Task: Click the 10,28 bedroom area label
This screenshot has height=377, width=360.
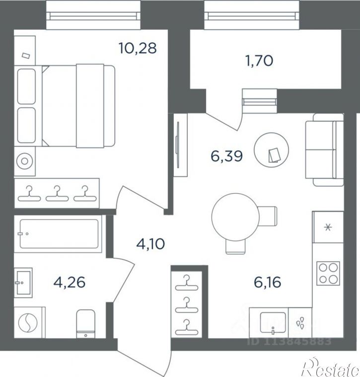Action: (x=138, y=48)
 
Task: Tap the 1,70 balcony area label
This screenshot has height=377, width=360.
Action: (x=259, y=60)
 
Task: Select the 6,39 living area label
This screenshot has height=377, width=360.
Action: (x=226, y=156)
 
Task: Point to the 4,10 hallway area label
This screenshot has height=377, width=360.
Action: (x=150, y=244)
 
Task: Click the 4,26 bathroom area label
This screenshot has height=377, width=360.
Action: (x=70, y=282)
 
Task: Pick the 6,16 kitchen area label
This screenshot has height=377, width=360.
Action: (x=268, y=282)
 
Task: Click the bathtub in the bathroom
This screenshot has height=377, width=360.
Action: (x=59, y=233)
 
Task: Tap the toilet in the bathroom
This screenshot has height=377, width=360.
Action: (x=85, y=324)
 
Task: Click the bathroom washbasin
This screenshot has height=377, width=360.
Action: (x=23, y=283)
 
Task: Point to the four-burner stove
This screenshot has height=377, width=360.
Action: (x=328, y=273)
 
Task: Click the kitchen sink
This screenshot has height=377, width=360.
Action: (x=273, y=323)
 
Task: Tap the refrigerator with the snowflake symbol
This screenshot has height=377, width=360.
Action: (x=328, y=227)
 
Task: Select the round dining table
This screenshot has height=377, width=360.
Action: (x=236, y=217)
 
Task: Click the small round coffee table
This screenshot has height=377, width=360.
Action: (x=271, y=150)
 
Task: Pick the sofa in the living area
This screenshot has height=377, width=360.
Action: (x=324, y=150)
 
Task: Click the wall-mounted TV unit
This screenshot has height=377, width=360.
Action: (x=180, y=145)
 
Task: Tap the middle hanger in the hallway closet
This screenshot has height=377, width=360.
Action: (x=187, y=305)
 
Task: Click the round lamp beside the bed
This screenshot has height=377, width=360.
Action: (x=24, y=161)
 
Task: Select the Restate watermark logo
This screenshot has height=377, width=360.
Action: (x=331, y=368)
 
